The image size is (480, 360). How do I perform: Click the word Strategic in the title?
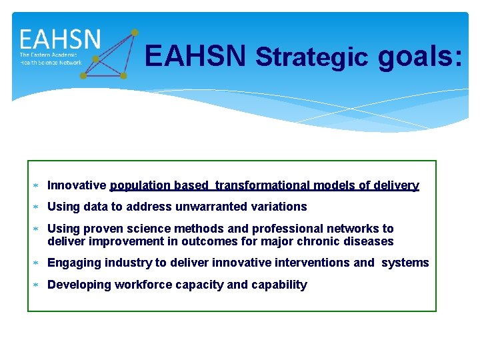[x=311, y=57]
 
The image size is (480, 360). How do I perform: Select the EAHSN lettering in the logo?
[x=60, y=39]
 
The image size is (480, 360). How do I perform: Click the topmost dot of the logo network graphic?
[x=135, y=32]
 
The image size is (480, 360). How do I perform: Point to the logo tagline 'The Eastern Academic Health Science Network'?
[x=51, y=59]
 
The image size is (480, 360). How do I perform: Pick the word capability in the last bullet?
[x=279, y=285]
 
